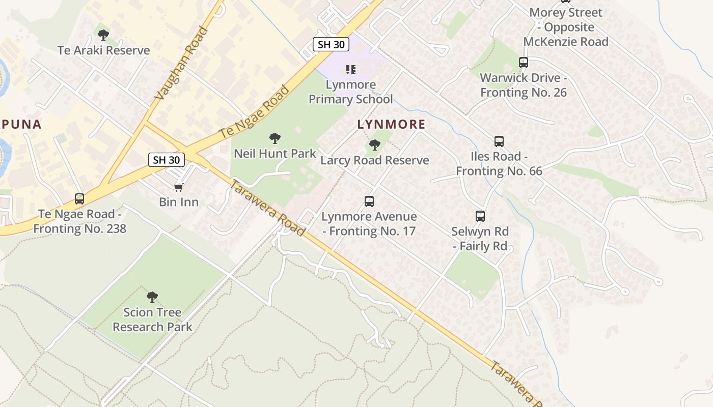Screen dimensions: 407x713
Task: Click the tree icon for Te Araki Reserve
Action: (x=103, y=35)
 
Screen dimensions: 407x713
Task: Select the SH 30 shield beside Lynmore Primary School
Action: (x=331, y=44)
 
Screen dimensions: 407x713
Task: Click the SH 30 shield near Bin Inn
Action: (x=167, y=160)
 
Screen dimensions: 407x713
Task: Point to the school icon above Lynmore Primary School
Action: (x=351, y=69)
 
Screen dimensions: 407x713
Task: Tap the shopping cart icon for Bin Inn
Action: (x=179, y=187)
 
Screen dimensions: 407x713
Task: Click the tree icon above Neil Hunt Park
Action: (x=275, y=138)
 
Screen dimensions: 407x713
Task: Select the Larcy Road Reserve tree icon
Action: (x=375, y=145)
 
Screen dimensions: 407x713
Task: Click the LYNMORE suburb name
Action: (x=391, y=124)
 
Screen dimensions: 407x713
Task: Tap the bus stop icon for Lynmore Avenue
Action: (x=369, y=201)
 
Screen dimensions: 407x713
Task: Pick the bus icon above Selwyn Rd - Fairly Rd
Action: (x=480, y=216)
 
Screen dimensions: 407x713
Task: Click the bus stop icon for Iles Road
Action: (x=499, y=141)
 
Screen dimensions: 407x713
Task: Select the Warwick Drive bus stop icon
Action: (x=524, y=63)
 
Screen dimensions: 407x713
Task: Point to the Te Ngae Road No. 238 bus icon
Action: (x=79, y=199)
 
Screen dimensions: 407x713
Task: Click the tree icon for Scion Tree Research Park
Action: (x=152, y=297)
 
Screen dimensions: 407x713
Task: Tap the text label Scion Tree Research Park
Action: (x=152, y=319)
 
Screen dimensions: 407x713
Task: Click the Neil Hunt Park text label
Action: (x=275, y=153)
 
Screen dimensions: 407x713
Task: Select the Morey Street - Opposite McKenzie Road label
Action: (x=566, y=27)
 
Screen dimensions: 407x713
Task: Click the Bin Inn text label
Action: (x=179, y=202)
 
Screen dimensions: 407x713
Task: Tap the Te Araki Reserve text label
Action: (x=103, y=50)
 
